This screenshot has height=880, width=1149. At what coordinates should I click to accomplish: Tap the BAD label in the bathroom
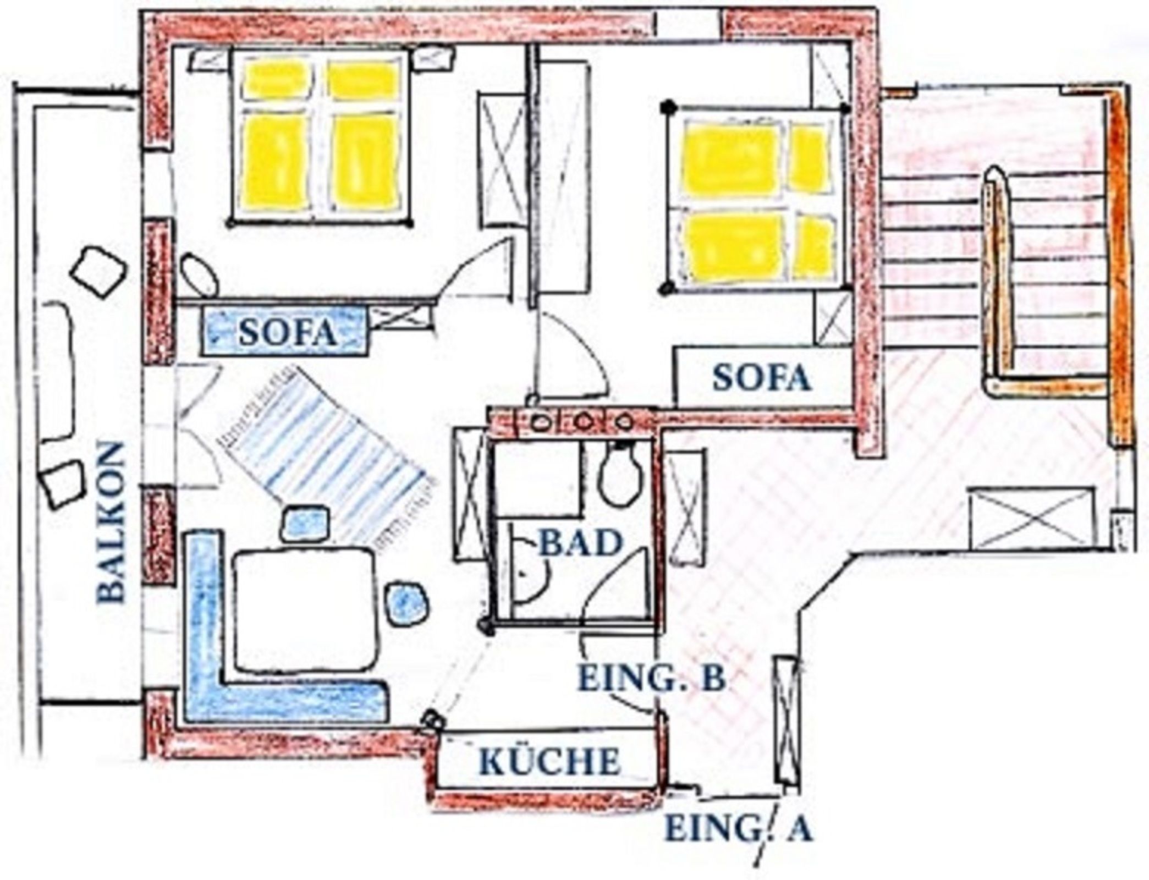580,543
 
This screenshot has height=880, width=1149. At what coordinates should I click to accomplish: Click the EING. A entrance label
739,829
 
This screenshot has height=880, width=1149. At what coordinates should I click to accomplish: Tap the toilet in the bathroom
622,474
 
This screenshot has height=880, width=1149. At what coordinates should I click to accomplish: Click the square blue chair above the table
306,524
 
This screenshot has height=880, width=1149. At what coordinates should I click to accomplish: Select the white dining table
306,609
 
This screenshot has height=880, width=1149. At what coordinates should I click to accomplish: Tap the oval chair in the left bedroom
199,274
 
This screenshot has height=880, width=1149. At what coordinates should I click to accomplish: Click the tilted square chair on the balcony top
99,272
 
